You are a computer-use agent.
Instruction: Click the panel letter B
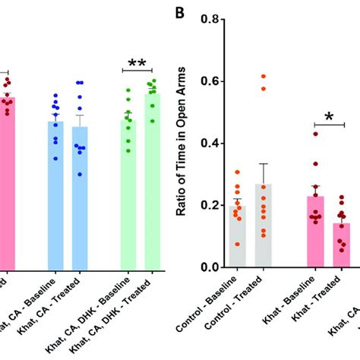click(x=180, y=13)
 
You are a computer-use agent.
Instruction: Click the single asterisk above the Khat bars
click(x=330, y=116)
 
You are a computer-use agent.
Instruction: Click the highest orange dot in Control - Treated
click(x=264, y=77)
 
